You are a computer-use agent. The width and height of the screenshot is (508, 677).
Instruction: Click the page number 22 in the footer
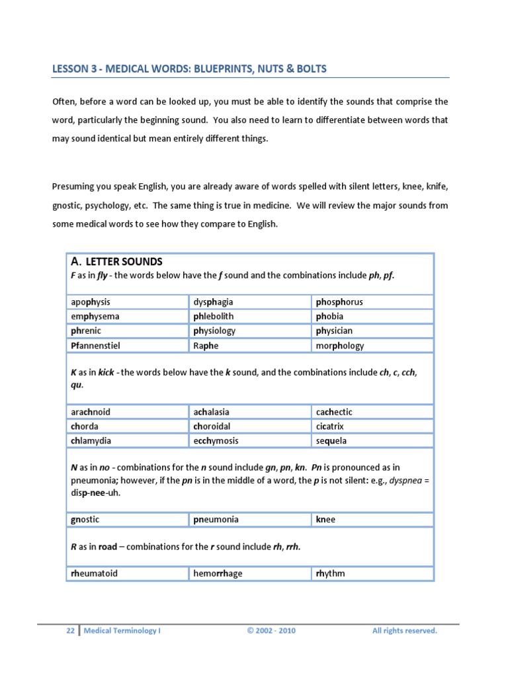(x=70, y=631)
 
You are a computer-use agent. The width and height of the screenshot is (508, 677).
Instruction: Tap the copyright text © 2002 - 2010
(x=272, y=631)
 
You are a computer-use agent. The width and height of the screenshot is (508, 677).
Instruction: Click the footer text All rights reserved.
(x=404, y=631)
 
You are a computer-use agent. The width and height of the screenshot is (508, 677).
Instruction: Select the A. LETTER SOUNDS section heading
(x=116, y=262)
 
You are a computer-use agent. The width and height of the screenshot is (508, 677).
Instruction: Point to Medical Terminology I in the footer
(x=122, y=631)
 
